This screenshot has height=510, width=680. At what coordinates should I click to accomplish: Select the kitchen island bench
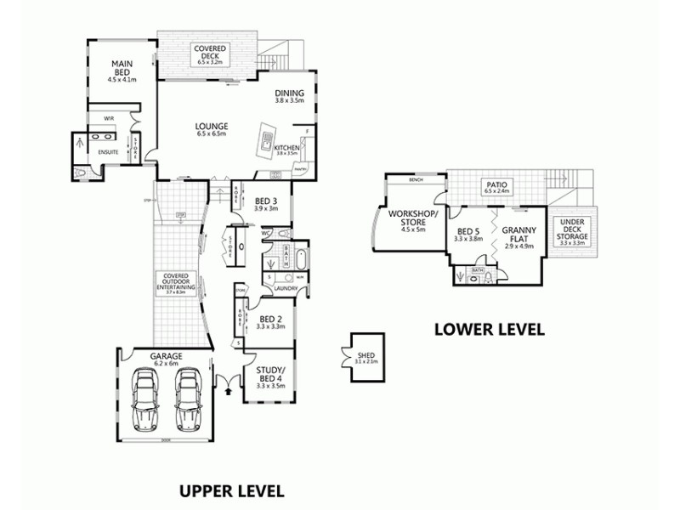point(269,135)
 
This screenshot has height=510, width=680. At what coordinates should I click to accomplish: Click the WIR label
point(109,119)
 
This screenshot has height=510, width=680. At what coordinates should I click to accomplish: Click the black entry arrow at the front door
point(228,392)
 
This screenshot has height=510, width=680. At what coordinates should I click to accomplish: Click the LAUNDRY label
point(285,288)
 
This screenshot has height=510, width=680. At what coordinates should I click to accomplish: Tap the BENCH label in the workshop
point(416,180)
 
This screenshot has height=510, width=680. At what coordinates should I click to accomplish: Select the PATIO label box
point(496,186)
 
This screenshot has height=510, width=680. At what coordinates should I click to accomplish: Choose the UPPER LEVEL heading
point(230,490)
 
